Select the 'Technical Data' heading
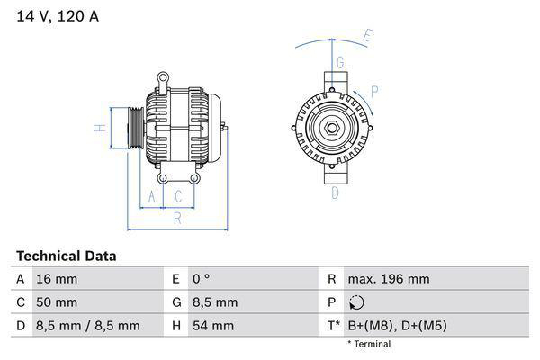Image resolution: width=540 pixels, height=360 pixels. click(66, 256)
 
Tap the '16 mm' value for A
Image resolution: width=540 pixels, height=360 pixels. click(56, 279)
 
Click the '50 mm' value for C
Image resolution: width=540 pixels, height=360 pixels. click(56, 302)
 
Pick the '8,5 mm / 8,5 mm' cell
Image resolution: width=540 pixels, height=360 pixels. click(87, 326)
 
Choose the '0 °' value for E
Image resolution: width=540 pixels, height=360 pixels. click(200, 279)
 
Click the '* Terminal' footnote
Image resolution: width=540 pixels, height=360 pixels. click(369, 344)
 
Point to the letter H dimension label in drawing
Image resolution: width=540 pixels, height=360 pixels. click(102, 128)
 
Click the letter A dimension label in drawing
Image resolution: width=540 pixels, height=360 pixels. click(151, 196)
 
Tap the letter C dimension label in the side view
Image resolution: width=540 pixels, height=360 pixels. click(178, 196)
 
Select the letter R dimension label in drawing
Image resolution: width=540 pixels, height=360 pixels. click(178, 218)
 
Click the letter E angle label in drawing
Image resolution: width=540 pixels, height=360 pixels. click(367, 37)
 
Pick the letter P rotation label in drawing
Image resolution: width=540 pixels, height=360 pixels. click(373, 90)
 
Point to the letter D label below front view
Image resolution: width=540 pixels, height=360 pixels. click(335, 193)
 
